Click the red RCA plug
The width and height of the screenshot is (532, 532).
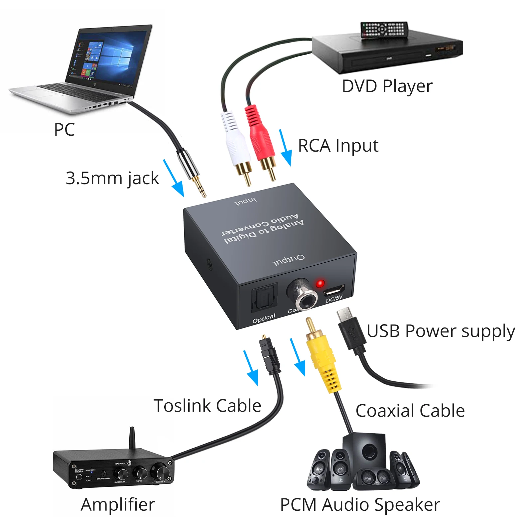coord(260,140)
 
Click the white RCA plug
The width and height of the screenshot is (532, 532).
coord(236,143)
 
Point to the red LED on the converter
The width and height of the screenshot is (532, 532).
coord(320,284)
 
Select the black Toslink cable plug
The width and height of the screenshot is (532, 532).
coord(270,356)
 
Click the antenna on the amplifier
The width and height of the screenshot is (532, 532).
coord(132,437)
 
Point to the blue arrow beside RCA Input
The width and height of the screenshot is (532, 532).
coord(285,148)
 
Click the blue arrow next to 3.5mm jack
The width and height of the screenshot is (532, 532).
coord(174,179)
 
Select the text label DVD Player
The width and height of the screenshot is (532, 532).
coord(387,86)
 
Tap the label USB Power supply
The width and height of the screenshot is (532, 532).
coord(441,331)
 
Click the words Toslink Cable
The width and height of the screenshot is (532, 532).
coord(207,406)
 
